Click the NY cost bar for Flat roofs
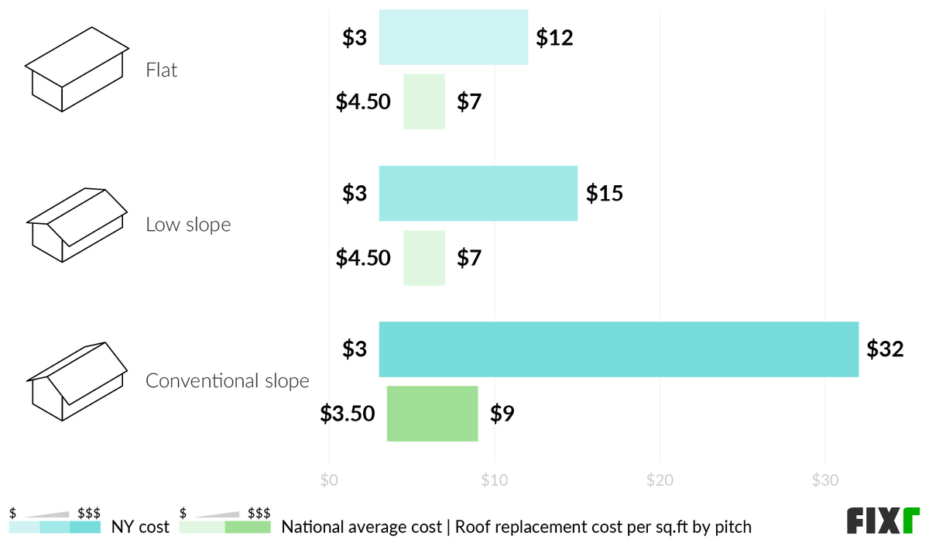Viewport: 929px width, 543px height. point(453,37)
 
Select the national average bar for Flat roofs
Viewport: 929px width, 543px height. point(424,101)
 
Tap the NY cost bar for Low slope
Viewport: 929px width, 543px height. point(478,194)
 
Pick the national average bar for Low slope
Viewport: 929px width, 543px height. point(424,258)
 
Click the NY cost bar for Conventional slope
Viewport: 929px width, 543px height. point(619,349)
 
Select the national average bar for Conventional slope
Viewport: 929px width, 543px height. point(432,414)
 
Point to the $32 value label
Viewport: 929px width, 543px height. point(885,349)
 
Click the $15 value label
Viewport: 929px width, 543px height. point(604,194)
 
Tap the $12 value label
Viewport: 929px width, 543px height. point(554,37)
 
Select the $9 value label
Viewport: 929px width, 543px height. point(502,414)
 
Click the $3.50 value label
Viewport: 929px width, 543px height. point(348,414)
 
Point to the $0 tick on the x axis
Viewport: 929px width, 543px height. point(329,480)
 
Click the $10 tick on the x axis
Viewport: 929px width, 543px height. point(494,480)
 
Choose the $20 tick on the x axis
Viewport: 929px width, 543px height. point(660,480)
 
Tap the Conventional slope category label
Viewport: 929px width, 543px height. point(227,381)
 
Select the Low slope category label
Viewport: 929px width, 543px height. point(188,225)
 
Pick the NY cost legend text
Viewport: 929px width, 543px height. point(140,528)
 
